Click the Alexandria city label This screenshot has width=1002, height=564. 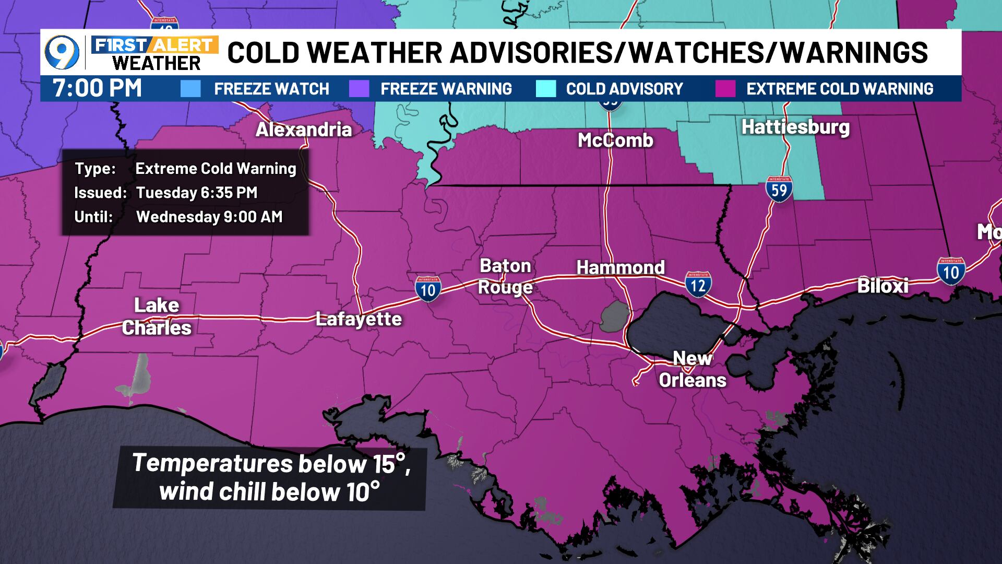(x=303, y=130)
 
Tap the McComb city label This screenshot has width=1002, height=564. (x=615, y=140)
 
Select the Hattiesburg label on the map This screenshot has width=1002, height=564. (x=795, y=127)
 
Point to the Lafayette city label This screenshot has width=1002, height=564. (x=359, y=319)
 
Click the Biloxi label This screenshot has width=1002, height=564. (x=882, y=286)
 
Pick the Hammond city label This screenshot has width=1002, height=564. (x=620, y=267)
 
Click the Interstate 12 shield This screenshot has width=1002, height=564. (x=698, y=284)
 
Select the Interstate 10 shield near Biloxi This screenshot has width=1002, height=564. (x=950, y=271)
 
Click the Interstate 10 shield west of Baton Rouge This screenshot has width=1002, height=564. (x=428, y=289)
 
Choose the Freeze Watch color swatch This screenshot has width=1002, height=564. (x=190, y=89)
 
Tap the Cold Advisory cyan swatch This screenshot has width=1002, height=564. (x=546, y=89)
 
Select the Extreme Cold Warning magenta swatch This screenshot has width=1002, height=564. (x=725, y=89)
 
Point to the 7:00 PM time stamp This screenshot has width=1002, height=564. (x=97, y=88)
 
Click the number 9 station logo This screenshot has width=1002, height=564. (x=62, y=53)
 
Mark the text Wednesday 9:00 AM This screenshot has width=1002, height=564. (x=209, y=217)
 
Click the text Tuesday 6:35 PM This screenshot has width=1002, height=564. (x=197, y=193)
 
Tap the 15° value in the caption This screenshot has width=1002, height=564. (x=391, y=464)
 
